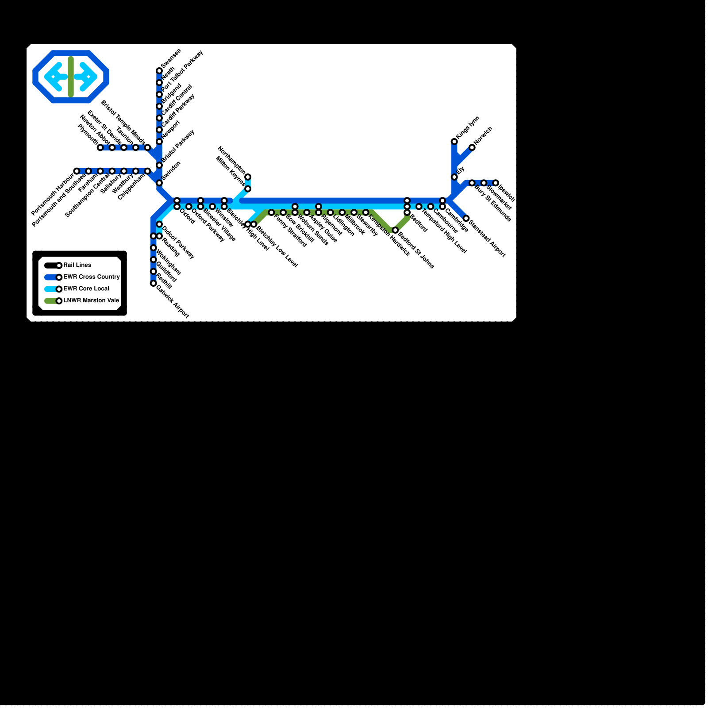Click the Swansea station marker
(x=159, y=71)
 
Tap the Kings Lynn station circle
(x=454, y=142)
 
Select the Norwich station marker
(x=472, y=147)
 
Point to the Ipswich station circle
(x=496, y=183)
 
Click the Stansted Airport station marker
(x=466, y=218)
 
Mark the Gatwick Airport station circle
(x=154, y=283)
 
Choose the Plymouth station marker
(x=100, y=147)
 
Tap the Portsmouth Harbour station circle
(x=77, y=171)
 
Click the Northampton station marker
(x=248, y=177)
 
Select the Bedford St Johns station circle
(x=395, y=230)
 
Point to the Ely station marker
(x=454, y=177)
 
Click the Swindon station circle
(x=159, y=183)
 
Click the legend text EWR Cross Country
(x=92, y=277)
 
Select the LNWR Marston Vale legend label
(x=91, y=300)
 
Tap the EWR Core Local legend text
(x=86, y=289)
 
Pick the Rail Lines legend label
(x=77, y=265)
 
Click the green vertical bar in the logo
(x=71, y=77)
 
